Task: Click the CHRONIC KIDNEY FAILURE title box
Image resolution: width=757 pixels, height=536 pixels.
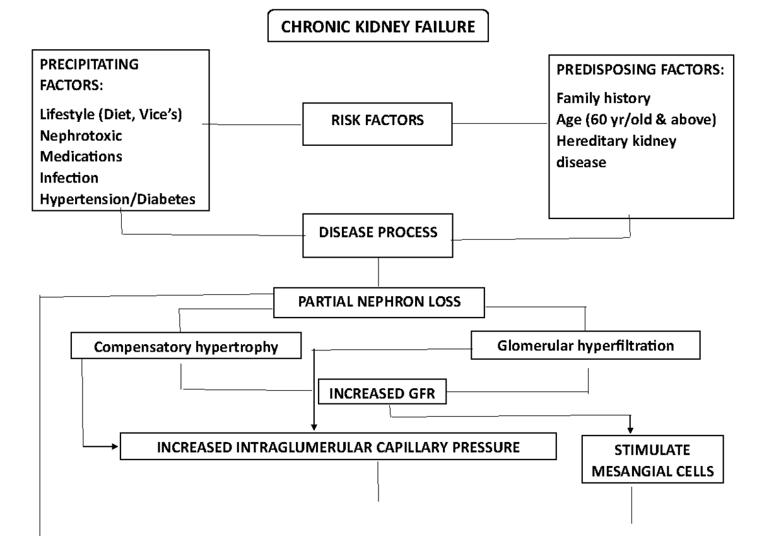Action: pos(378,26)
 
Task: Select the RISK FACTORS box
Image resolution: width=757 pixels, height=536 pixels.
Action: pos(377,122)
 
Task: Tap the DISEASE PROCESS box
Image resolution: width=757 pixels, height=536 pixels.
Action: pos(378,233)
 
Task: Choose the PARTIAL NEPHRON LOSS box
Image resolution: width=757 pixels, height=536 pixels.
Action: pos(379,301)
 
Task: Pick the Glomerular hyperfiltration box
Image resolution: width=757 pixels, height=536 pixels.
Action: pos(585,345)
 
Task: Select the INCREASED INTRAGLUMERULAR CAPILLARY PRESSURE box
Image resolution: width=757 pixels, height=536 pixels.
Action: pos(338,447)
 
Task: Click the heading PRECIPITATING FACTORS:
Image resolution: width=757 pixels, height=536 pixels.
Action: pos(90,74)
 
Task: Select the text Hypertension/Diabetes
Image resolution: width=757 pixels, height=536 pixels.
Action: pos(117,198)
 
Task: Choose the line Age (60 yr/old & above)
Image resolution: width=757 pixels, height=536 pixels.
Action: pos(635,120)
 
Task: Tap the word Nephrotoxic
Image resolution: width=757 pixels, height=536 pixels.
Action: pos(81,136)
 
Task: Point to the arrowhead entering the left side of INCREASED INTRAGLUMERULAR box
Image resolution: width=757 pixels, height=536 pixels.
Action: pos(115,446)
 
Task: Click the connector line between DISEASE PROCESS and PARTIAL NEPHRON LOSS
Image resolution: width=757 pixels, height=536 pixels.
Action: pos(378,271)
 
